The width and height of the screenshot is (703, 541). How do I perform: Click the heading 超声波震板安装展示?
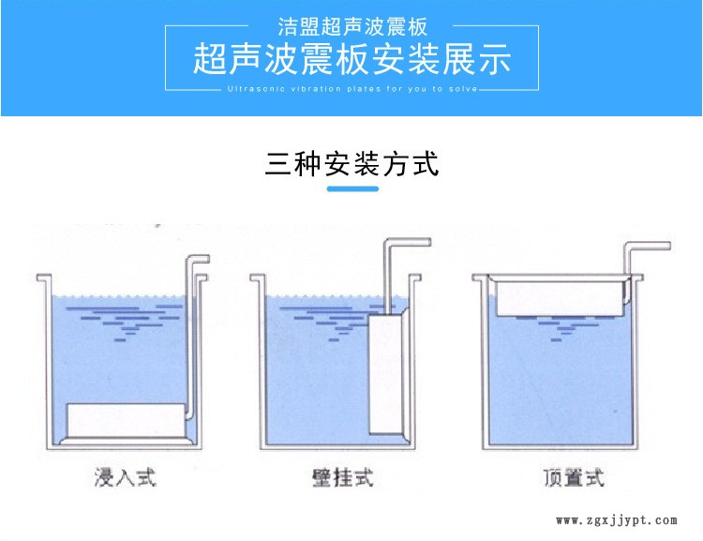(351, 59)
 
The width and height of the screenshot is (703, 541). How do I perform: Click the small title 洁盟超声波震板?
(352, 26)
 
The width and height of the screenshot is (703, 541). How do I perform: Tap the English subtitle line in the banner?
(352, 89)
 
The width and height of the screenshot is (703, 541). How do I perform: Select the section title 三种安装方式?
(351, 164)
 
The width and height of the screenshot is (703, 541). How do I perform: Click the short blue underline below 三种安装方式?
(352, 188)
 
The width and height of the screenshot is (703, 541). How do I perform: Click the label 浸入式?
(125, 477)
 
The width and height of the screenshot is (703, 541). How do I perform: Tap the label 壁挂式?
(342, 477)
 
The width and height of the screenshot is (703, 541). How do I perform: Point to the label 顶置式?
(574, 477)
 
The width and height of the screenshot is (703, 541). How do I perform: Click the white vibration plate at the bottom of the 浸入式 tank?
(126, 420)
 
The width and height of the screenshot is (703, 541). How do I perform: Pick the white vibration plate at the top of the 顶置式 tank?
(561, 299)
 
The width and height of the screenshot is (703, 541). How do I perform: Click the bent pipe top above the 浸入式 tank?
(198, 259)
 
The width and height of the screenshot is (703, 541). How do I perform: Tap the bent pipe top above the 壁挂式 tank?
(408, 242)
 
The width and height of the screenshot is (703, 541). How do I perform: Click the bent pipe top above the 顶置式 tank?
(649, 246)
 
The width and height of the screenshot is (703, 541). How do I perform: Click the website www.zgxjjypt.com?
(616, 520)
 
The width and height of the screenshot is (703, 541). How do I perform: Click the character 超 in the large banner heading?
(210, 59)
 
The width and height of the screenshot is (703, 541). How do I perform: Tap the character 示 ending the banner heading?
(495, 59)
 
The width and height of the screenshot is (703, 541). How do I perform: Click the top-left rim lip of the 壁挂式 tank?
(255, 278)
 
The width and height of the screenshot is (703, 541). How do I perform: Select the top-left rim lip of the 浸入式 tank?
(42, 278)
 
